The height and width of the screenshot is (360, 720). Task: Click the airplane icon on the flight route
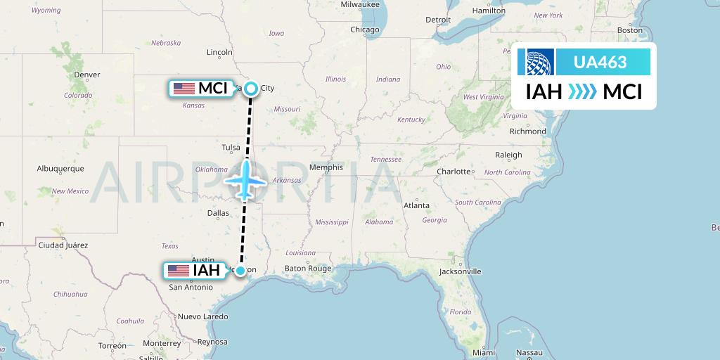coord(245,180)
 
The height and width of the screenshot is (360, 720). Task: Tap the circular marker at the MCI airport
coord(251,89)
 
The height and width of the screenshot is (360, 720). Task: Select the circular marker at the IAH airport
coord(240,271)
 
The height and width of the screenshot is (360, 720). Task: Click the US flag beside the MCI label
coord(184,89)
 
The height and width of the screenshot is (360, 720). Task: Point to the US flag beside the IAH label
coord(179,271)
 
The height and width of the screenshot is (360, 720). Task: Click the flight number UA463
coord(600,63)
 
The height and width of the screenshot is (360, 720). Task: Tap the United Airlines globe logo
coord(536,63)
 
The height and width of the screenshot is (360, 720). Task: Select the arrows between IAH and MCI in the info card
coord(582,91)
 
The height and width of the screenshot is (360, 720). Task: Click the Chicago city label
coord(365,30)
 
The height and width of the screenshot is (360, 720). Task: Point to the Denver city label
coord(87,75)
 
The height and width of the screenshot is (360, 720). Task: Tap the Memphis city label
coord(326,167)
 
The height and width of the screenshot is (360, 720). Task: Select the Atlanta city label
coord(416,205)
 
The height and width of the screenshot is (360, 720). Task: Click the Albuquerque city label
coord(60,169)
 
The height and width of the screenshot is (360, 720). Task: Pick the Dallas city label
coord(218,212)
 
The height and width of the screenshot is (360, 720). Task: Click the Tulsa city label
coord(231,148)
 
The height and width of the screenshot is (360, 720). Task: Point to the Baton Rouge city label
coord(307,269)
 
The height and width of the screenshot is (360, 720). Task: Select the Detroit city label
coord(438,20)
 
